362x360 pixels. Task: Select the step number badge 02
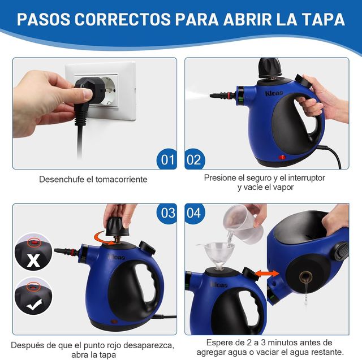tap(194, 159)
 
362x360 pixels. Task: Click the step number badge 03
tap(168, 213)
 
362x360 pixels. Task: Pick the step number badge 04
tap(194, 213)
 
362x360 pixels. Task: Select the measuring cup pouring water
tap(241, 223)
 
